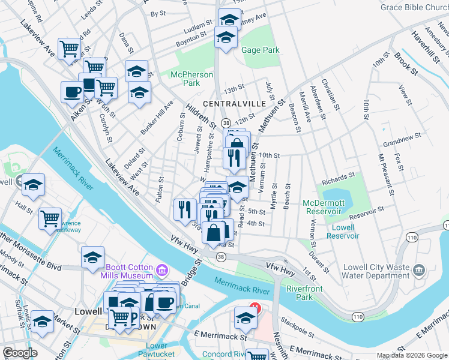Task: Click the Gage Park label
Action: pos(261,50)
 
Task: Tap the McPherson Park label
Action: pos(191,79)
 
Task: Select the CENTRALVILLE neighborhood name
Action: pos(234,104)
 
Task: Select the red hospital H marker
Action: pos(255,308)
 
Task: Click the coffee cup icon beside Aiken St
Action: pos(72,92)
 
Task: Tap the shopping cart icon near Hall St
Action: pos(50,217)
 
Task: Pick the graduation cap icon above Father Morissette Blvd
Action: pos(93,257)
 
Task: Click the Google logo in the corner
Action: pos(20,353)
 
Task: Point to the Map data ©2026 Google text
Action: pos(411,355)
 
